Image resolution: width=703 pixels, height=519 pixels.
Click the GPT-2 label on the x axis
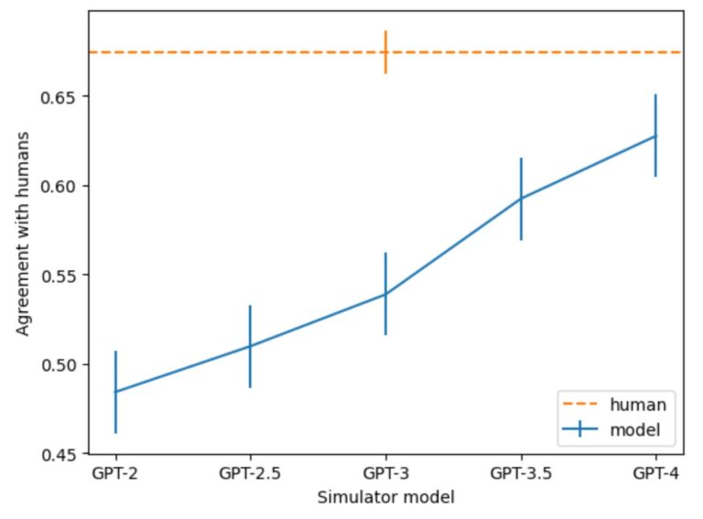pyautogui.click(x=114, y=473)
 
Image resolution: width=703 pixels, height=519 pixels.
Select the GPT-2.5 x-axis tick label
pyautogui.click(x=250, y=473)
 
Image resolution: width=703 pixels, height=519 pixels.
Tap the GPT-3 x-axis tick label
pyautogui.click(x=386, y=473)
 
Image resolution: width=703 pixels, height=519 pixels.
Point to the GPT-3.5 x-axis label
pyautogui.click(x=521, y=473)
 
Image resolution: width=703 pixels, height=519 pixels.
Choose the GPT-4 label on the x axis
pyautogui.click(x=656, y=473)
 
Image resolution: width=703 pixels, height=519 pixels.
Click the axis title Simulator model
pyautogui.click(x=386, y=497)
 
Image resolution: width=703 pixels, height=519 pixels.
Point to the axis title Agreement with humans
pyautogui.click(x=22, y=233)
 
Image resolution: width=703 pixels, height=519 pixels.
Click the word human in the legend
pyautogui.click(x=638, y=405)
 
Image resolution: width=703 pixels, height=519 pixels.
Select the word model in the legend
pyautogui.click(x=635, y=430)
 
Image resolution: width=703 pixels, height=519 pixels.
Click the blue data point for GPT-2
pyautogui.click(x=115, y=392)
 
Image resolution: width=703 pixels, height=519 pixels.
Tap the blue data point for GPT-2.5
pyautogui.click(x=250, y=346)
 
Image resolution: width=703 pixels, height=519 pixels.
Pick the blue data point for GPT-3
pyautogui.click(x=385, y=294)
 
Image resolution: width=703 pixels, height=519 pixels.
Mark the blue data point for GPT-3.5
pyautogui.click(x=521, y=198)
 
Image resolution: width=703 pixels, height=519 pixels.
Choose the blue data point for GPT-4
pyautogui.click(x=655, y=135)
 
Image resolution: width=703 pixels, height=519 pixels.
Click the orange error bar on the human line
pyautogui.click(x=385, y=52)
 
